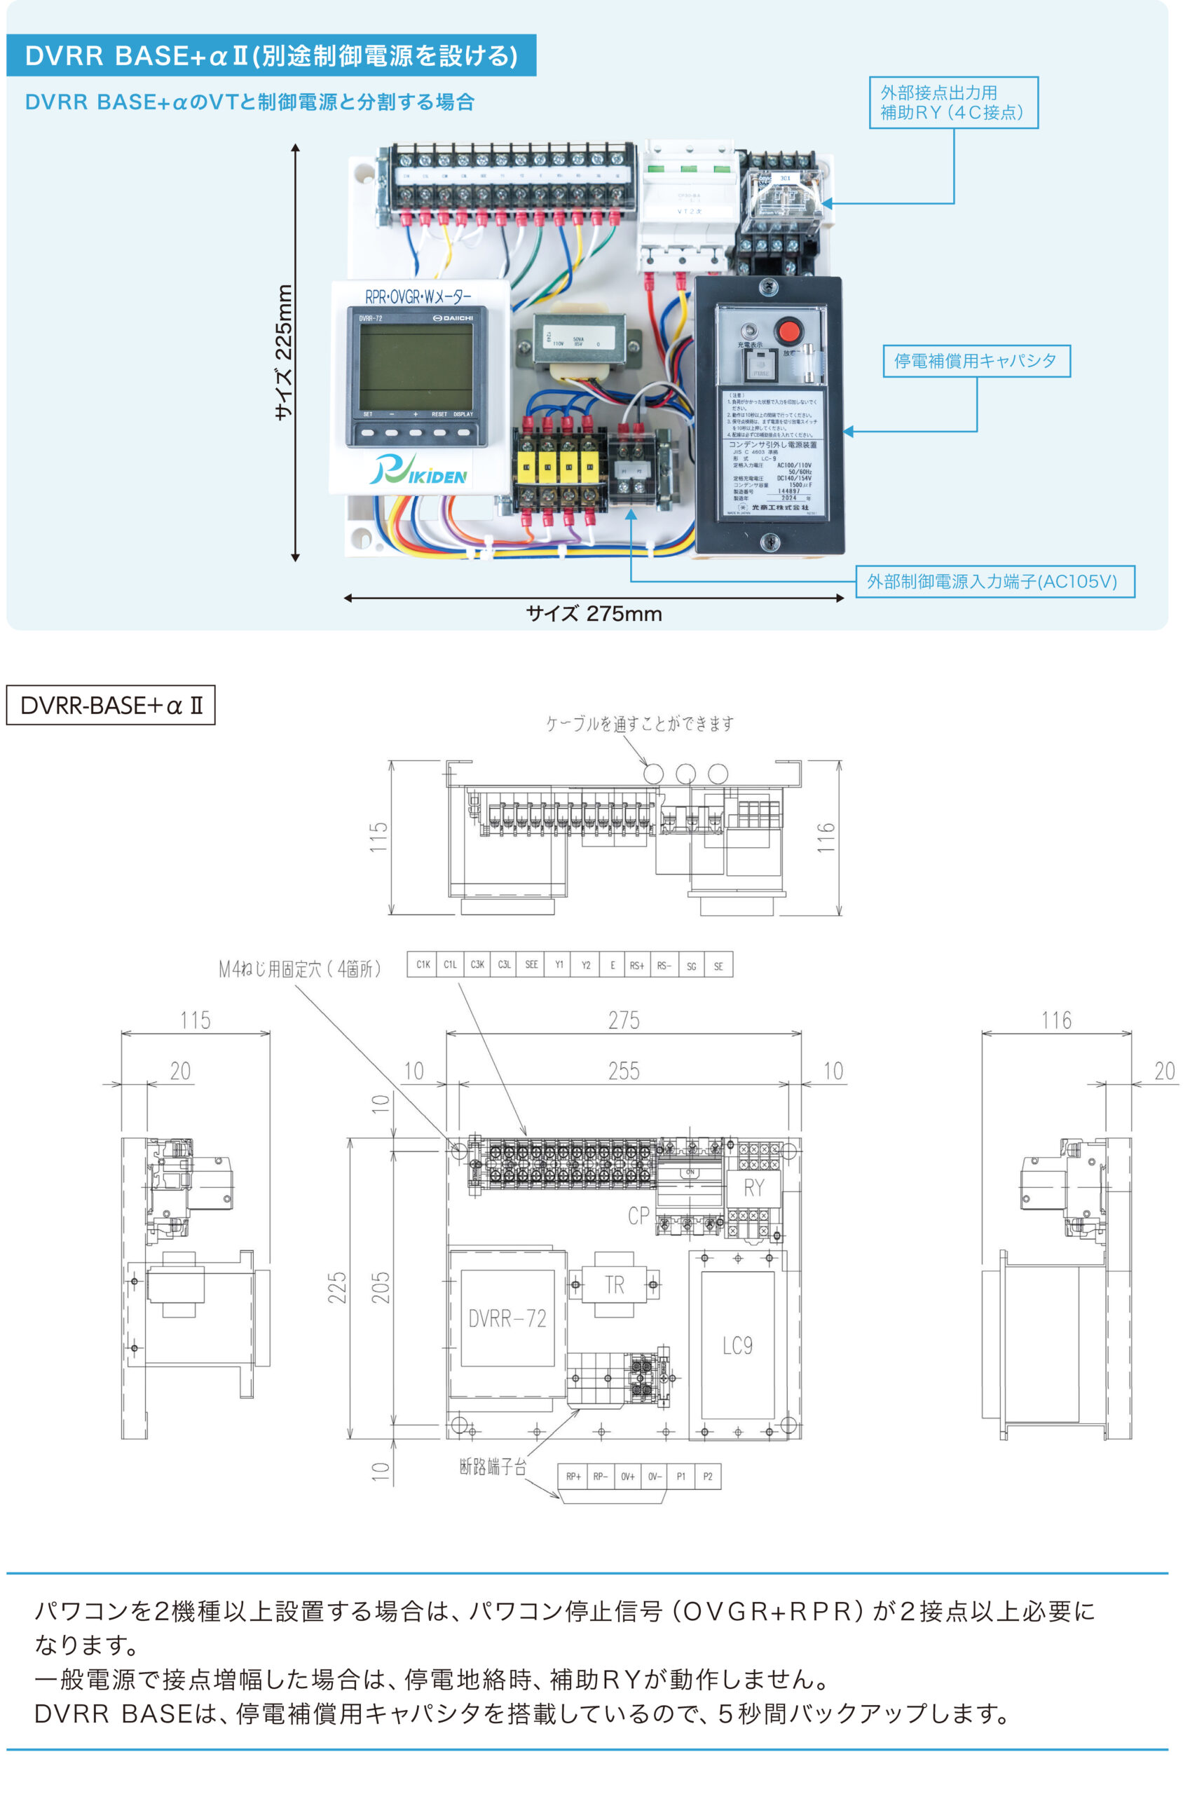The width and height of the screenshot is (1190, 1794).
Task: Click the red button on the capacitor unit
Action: (788, 331)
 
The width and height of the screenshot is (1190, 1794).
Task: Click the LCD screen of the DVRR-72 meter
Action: (416, 367)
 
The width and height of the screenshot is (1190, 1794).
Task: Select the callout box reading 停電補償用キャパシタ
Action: (976, 360)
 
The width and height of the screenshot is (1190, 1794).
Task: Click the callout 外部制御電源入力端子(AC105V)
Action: (994, 582)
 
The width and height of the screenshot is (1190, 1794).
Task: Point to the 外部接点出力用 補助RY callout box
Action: (952, 102)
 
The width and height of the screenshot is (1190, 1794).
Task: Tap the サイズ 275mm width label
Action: (594, 614)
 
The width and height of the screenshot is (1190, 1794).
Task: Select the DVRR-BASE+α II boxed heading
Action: (111, 705)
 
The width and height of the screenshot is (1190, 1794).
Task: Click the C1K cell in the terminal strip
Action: (423, 964)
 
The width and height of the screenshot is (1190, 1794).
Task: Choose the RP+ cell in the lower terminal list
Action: (573, 1476)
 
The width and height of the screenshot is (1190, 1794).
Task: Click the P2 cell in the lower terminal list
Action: (707, 1476)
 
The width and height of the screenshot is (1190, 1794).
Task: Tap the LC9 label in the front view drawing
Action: (737, 1345)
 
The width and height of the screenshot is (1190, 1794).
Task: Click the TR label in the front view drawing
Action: (614, 1285)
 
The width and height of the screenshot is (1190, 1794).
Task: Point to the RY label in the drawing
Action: (753, 1188)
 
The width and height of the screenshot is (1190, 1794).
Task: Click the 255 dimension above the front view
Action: (623, 1071)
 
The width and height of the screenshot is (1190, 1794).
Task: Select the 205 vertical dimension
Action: (381, 1287)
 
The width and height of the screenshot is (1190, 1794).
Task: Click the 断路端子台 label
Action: (493, 1466)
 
